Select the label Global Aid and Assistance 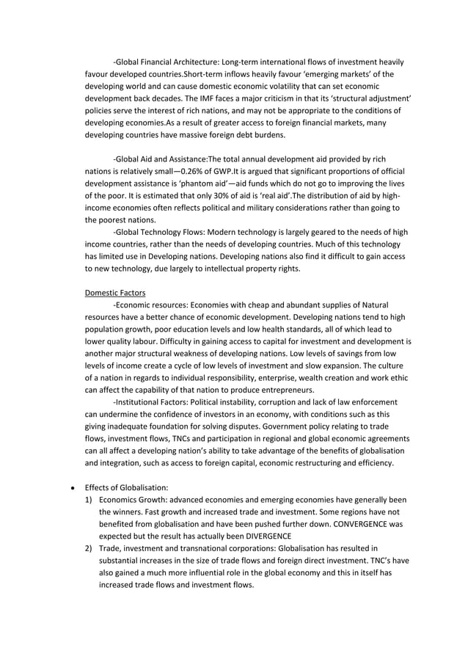pos(161,159)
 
